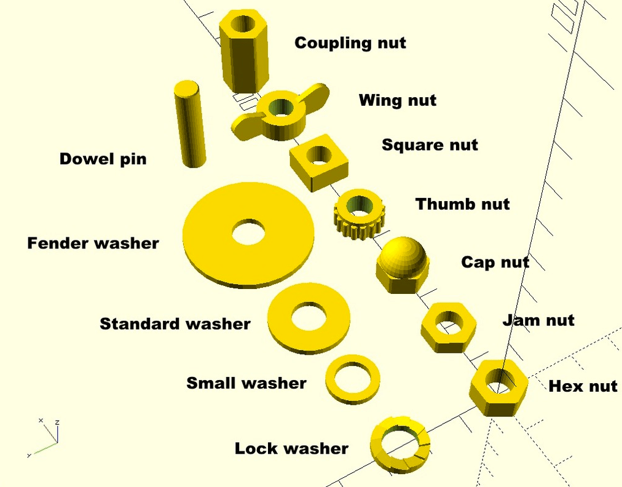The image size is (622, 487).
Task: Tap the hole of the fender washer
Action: pyautogui.click(x=248, y=232)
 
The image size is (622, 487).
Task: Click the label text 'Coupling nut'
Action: pyautogui.click(x=350, y=43)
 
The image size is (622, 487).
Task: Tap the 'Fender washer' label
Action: pyautogui.click(x=93, y=244)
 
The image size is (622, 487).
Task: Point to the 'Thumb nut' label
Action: pyautogui.click(x=462, y=204)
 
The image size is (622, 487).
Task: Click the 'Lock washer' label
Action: pyautogui.click(x=291, y=448)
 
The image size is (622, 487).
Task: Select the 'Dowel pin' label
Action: pyautogui.click(x=103, y=159)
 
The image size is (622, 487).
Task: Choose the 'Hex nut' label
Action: pyautogui.click(x=582, y=386)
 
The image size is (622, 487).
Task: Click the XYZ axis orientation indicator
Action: pyautogui.click(x=46, y=437)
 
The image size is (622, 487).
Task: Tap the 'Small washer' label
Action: pyautogui.click(x=246, y=383)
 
